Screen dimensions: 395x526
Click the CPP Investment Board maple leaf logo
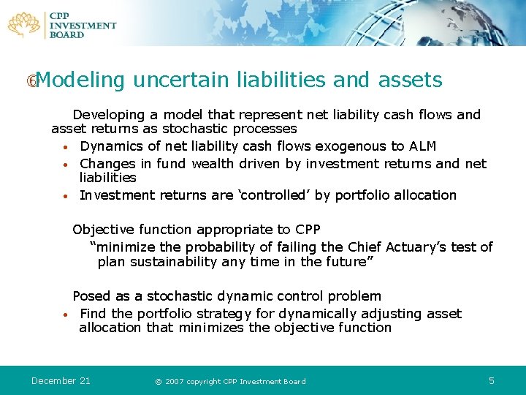pos(23,24)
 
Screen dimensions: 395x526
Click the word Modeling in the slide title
pos(79,80)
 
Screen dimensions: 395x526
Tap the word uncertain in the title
pos(186,80)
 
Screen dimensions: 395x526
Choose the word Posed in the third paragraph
pos(91,296)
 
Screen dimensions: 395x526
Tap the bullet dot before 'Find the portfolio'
pos(65,315)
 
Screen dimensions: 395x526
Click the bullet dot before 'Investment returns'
pos(65,196)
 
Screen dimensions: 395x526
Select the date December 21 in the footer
pos(61,380)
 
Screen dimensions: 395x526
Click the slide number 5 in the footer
pos(492,380)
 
